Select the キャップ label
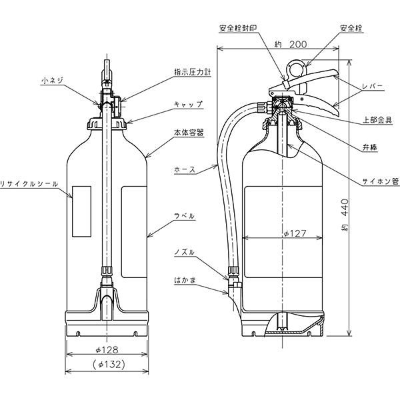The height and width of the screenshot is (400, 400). (187, 105)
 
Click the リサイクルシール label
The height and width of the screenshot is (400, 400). (29, 183)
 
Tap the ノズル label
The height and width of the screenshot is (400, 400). (184, 252)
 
